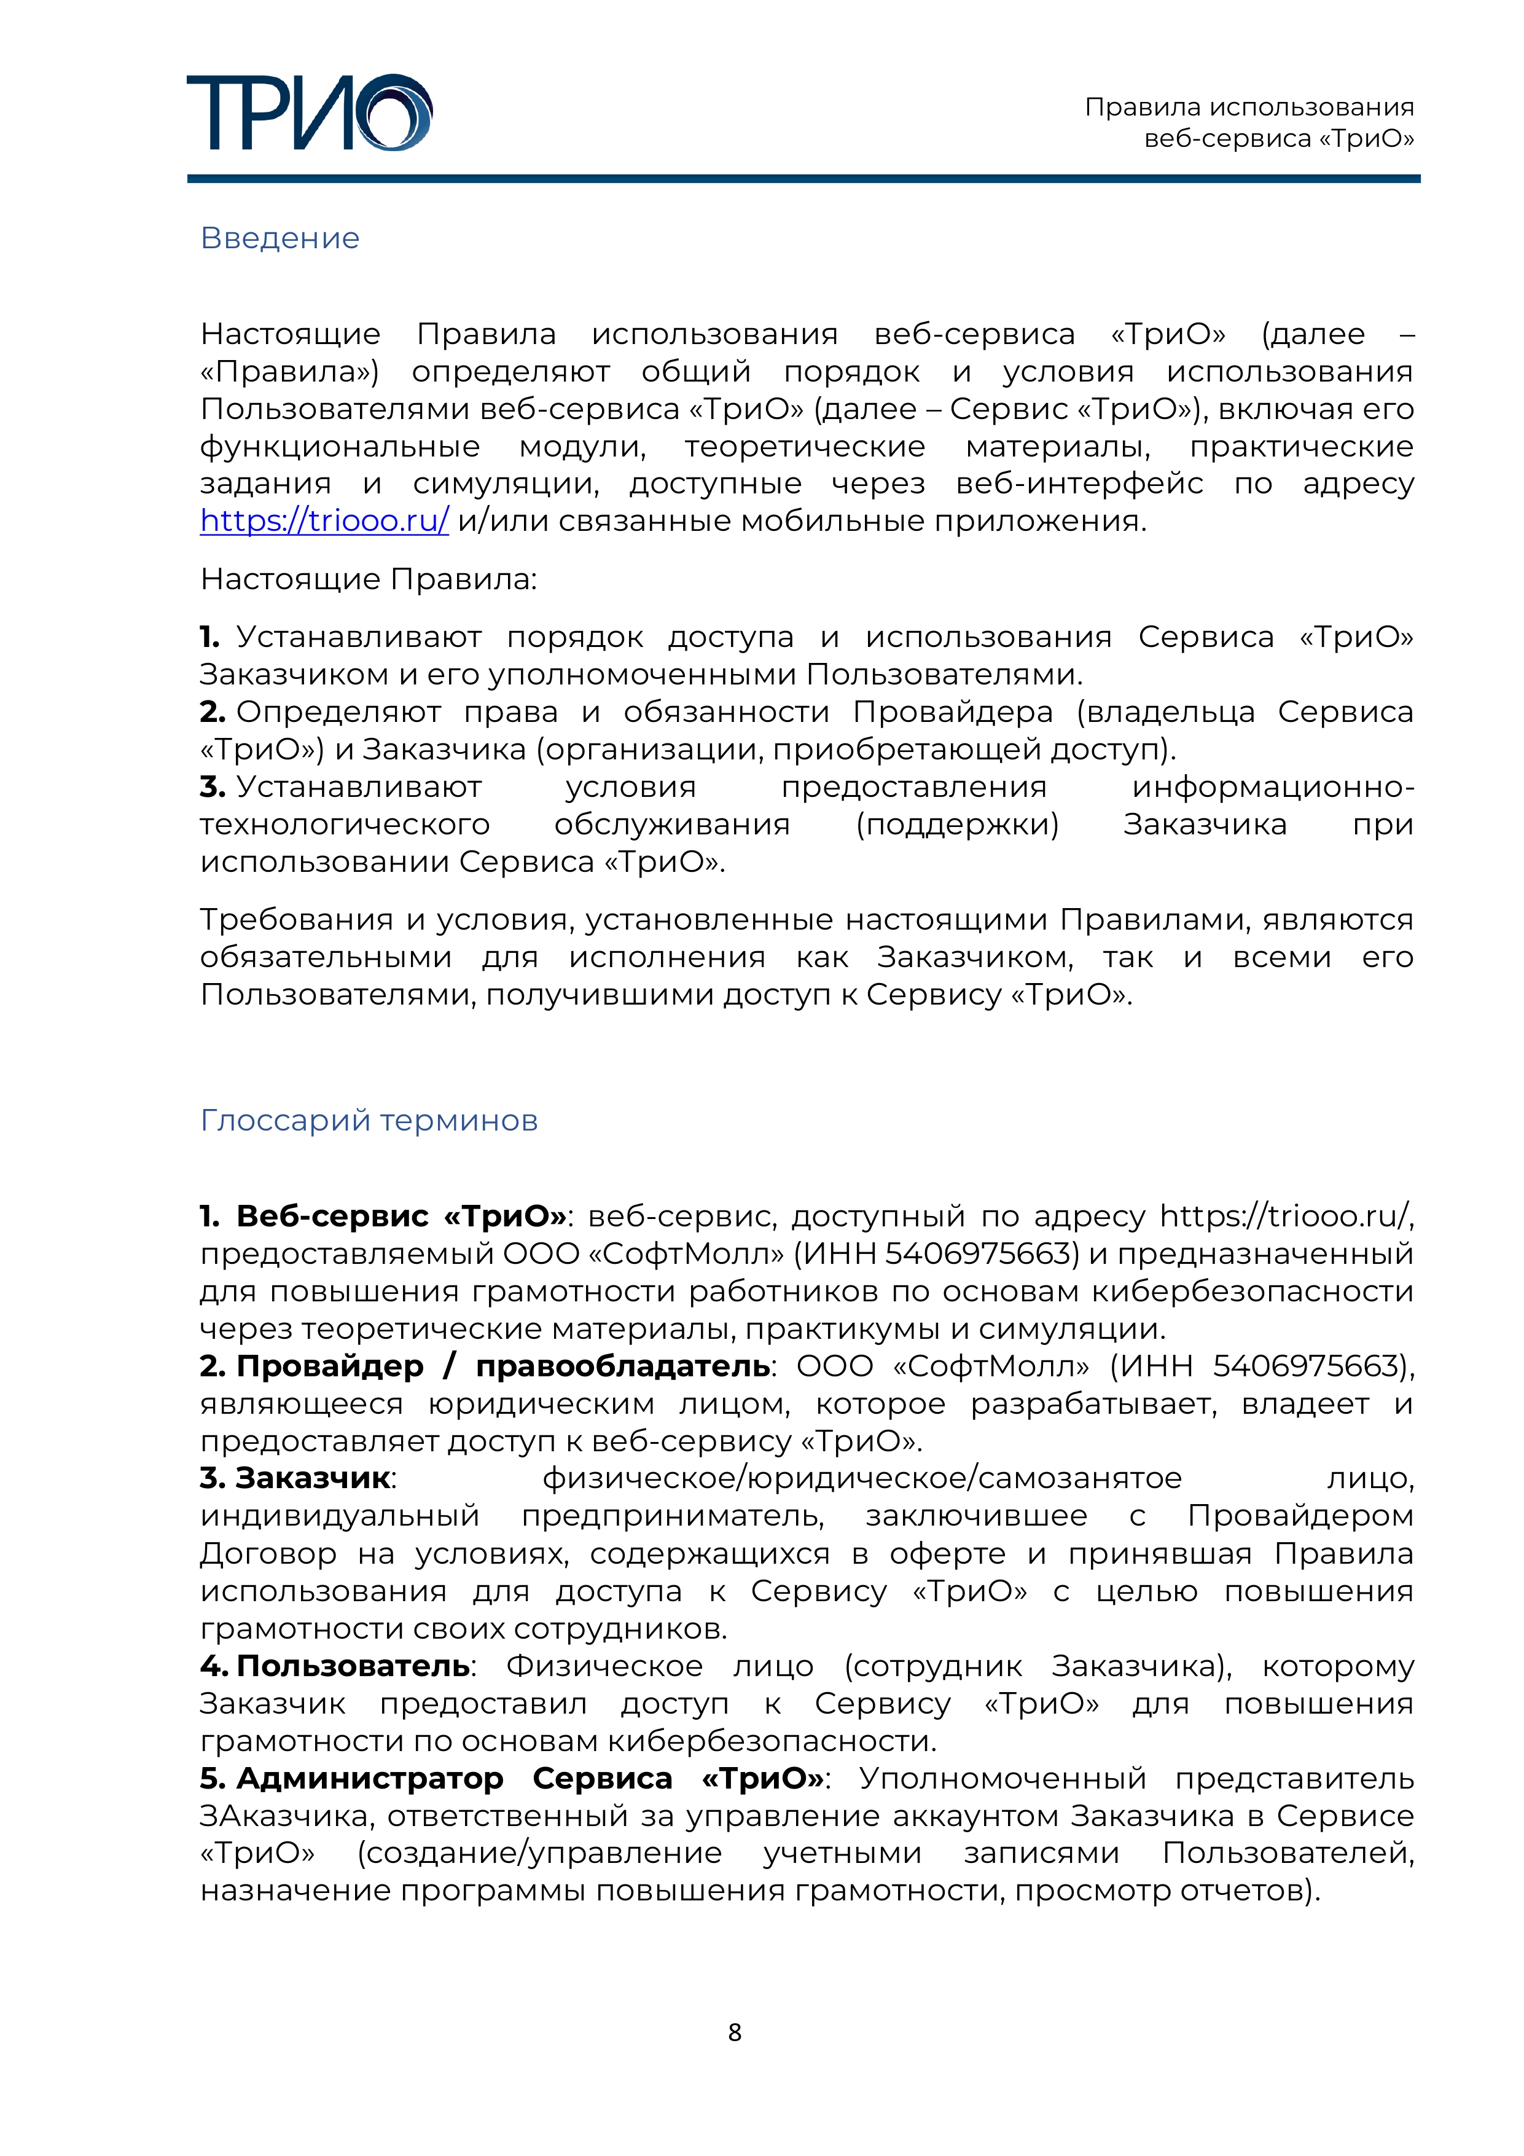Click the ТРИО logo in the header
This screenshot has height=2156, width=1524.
click(x=309, y=112)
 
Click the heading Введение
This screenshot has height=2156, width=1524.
click(x=280, y=238)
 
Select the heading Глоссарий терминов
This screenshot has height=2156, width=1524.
click(x=369, y=1120)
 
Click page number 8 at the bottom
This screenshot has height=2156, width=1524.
click(x=734, y=2032)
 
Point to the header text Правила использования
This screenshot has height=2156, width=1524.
click(x=1249, y=108)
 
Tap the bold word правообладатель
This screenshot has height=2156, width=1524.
click(x=623, y=1366)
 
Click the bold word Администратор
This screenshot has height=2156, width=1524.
click(x=370, y=1779)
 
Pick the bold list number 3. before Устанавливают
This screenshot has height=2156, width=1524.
click(x=212, y=787)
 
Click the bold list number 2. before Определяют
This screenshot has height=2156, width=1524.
click(x=212, y=711)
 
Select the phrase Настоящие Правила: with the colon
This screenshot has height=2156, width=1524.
click(x=368, y=579)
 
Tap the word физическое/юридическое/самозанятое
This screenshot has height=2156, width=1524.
click(x=862, y=1478)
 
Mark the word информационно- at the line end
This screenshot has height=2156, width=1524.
click(x=1272, y=787)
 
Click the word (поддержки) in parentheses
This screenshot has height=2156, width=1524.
click(x=957, y=825)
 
